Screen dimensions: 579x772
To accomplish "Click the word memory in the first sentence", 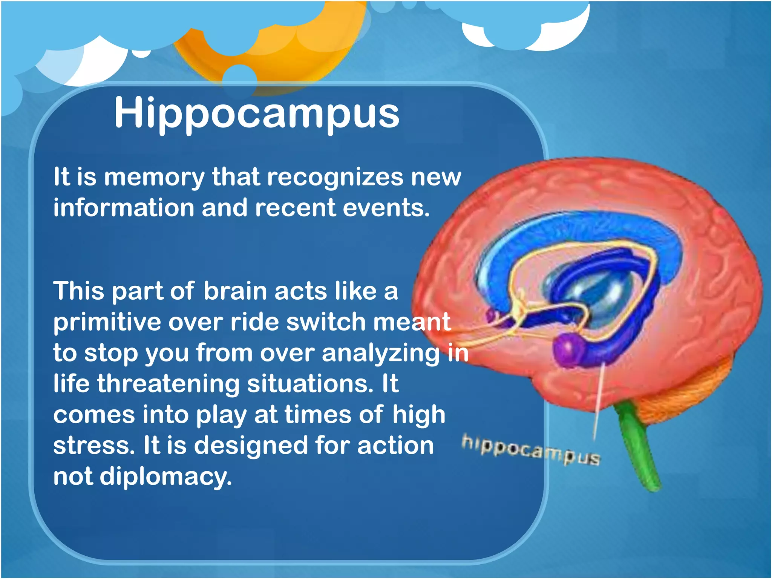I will (154, 177).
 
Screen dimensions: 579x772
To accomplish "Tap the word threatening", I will (168, 384).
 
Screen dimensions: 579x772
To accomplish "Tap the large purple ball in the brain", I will (568, 349).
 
